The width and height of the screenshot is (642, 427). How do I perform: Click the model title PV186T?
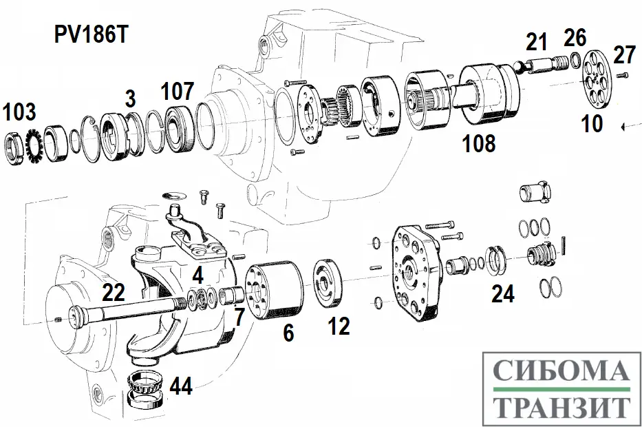tap(92, 37)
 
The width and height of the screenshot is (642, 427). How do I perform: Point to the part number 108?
tap(479, 143)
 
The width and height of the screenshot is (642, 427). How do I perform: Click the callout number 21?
tap(536, 43)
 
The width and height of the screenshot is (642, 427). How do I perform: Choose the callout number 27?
tap(624, 55)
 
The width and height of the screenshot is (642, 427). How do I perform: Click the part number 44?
tap(181, 386)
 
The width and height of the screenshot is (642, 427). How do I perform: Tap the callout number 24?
tap(503, 294)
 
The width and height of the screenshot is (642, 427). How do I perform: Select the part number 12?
tap(339, 326)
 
